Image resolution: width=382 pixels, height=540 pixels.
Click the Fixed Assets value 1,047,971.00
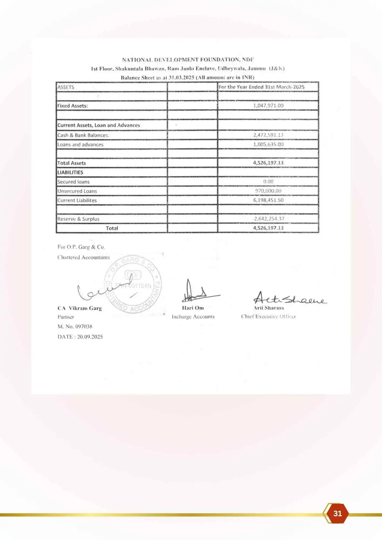click(x=268, y=106)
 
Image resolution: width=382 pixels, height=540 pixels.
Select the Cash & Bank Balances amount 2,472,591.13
click(x=268, y=135)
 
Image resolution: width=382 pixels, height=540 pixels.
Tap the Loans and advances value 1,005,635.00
click(x=268, y=144)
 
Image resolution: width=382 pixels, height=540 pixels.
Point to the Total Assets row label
click(x=72, y=163)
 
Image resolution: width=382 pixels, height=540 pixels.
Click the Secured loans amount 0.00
click(x=268, y=182)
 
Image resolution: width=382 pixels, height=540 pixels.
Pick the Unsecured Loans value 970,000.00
click(x=268, y=191)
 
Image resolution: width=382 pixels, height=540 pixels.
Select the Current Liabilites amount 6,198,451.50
click(x=268, y=200)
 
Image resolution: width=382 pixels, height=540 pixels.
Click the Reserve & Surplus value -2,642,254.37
click(x=268, y=219)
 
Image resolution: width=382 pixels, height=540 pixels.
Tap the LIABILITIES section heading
click(x=70, y=173)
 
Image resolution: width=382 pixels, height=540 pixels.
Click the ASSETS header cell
click(x=66, y=87)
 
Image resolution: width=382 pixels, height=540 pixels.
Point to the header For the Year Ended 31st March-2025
click(x=261, y=87)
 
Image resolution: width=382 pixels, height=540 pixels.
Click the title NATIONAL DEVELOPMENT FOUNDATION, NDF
click(x=188, y=60)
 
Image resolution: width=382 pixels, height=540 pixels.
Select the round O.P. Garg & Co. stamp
click(x=133, y=284)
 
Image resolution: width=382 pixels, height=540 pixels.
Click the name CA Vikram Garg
click(x=80, y=308)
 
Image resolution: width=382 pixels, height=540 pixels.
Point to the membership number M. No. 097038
click(x=75, y=327)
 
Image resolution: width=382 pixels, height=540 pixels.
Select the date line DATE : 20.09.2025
click(x=80, y=337)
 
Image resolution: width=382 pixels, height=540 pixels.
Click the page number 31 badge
click(x=337, y=513)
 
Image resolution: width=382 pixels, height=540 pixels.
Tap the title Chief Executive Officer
click(x=268, y=317)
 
